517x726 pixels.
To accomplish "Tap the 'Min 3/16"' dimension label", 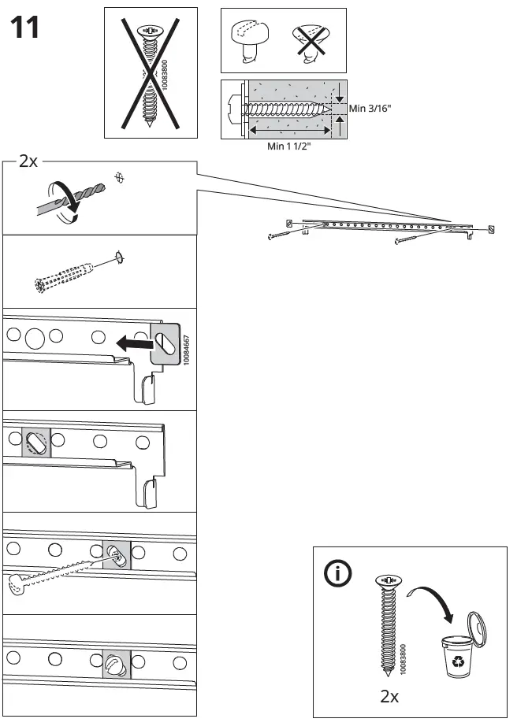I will click(371, 107).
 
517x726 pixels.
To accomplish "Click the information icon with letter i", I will click(339, 575).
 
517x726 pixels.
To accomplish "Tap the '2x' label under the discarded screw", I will click(390, 696).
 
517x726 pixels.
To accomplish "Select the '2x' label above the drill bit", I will click(28, 161).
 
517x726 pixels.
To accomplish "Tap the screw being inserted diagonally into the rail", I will click(63, 571).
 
